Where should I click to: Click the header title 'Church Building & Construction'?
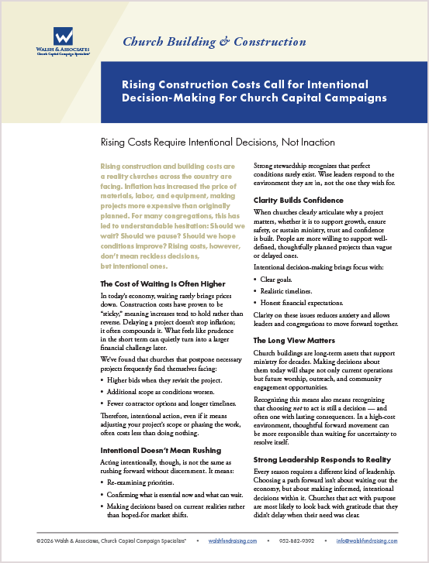(x=215, y=42)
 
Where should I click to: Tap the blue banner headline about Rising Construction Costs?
(x=255, y=91)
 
